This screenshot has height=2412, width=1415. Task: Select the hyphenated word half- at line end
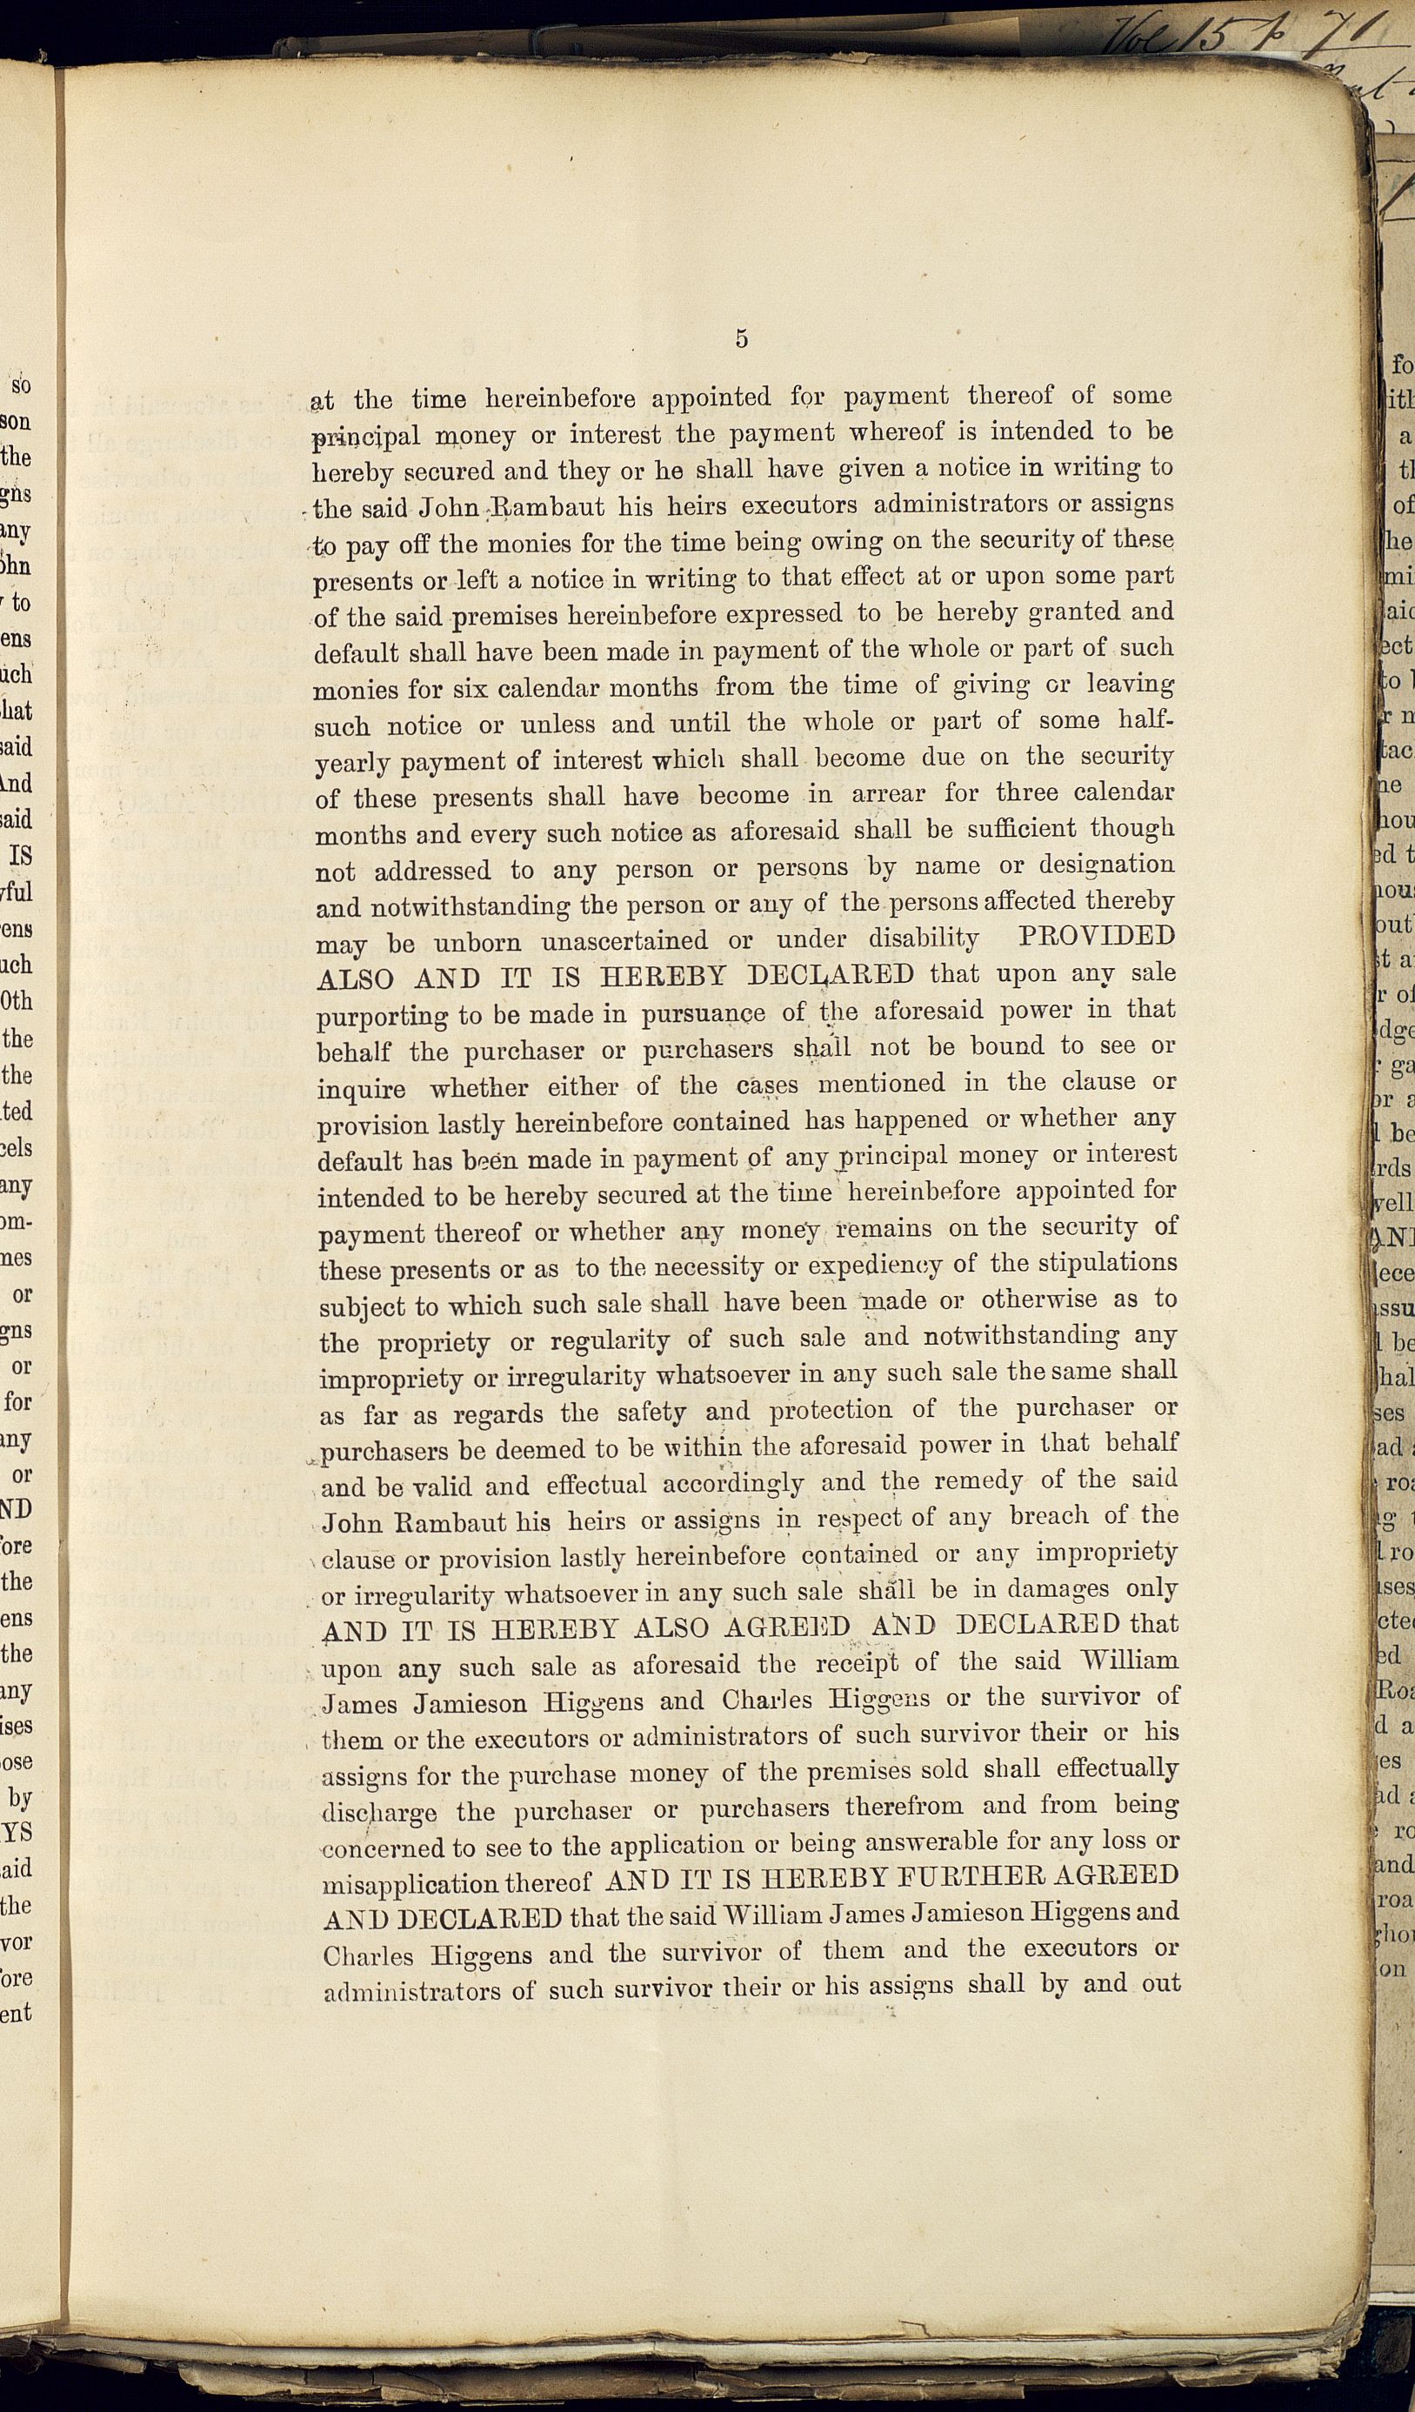[x=1146, y=719]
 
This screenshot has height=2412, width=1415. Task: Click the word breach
[x=1050, y=1516]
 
